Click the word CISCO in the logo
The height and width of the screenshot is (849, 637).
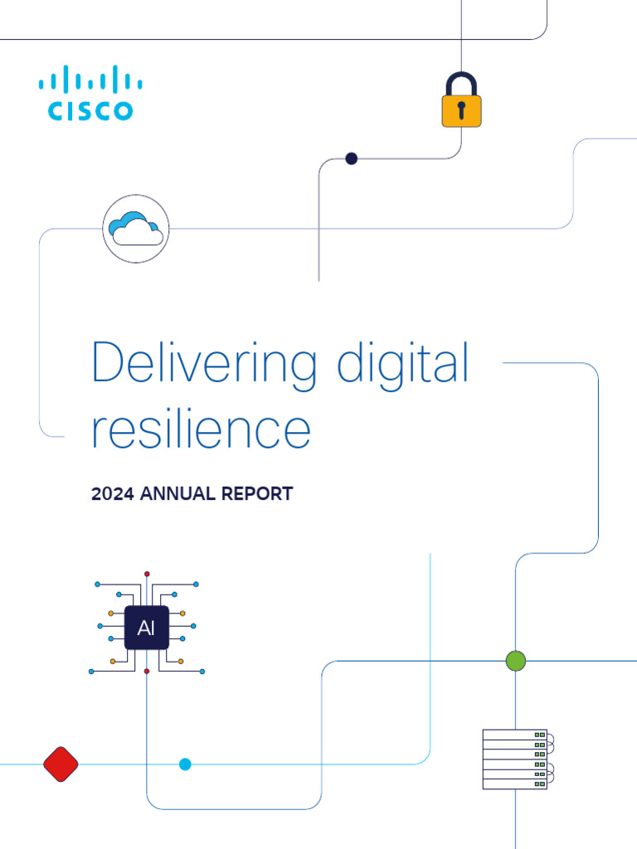(90, 110)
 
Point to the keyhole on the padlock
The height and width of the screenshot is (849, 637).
(461, 109)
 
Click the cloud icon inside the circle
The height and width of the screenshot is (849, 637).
(136, 228)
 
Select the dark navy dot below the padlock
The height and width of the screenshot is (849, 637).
(351, 158)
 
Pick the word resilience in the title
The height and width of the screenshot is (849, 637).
(201, 429)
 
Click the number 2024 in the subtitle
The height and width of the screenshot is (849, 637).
(114, 494)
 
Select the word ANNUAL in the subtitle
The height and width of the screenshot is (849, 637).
(178, 494)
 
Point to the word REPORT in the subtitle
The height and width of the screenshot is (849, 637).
(257, 494)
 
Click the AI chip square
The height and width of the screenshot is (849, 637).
(147, 626)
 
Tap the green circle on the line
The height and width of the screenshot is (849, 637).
(516, 661)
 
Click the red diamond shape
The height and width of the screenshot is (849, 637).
(61, 764)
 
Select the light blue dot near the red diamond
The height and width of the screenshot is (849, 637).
(185, 764)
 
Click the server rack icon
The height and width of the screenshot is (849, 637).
(516, 759)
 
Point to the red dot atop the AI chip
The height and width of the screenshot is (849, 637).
(147, 574)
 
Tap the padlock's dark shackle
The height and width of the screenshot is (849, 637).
(461, 85)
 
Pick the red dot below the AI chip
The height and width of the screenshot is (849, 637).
(147, 671)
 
